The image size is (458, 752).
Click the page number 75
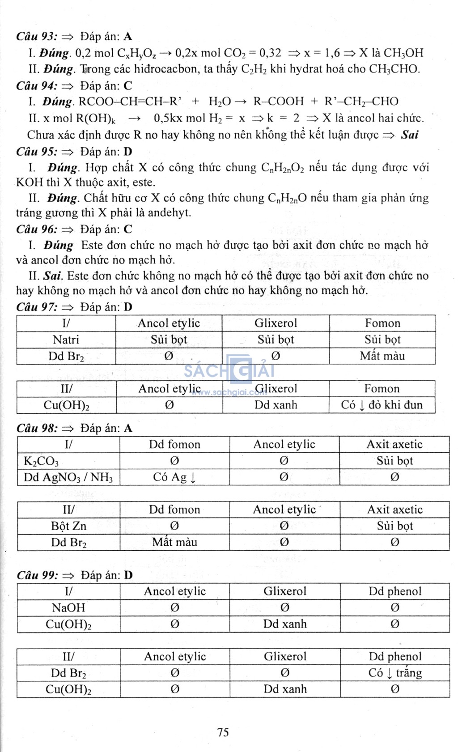pos(223,732)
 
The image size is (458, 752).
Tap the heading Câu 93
pos(37,36)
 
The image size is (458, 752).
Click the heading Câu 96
pos(37,229)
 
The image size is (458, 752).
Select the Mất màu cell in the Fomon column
pos(382,356)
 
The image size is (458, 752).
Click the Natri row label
pos(66,340)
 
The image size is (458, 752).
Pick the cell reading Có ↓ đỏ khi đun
pos(382,405)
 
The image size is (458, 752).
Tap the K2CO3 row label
pos(41,461)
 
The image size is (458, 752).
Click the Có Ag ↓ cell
pos(174,477)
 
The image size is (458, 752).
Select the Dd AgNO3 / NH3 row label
pos(68,477)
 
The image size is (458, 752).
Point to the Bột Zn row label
pos(68,526)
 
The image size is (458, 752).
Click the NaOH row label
pos(68,608)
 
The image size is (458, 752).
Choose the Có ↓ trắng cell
pos(395,673)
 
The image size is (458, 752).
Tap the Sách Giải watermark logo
pos(229,370)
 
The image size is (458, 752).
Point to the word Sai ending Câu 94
pos(409,135)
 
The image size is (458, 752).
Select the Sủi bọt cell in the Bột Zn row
pos(394,526)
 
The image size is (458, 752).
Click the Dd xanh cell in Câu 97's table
pos(276,405)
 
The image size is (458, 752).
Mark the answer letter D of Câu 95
pos(128,152)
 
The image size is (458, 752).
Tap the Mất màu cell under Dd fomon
pos(174,542)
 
